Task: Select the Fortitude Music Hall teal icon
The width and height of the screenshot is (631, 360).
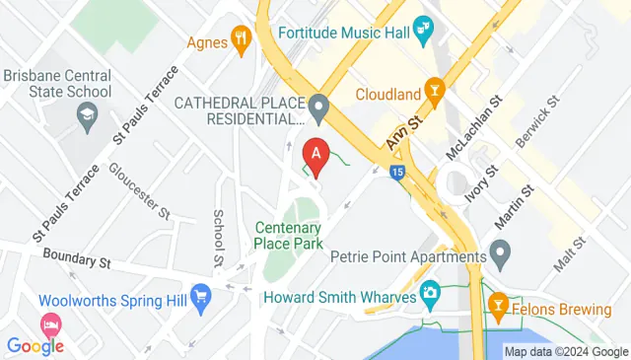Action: (425, 28)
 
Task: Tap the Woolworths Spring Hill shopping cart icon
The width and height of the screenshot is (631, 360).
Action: (201, 295)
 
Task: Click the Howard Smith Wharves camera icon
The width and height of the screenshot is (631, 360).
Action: (430, 293)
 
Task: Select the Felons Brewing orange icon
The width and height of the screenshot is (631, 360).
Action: (497, 307)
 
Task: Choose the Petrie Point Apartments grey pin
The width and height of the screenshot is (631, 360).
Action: (500, 258)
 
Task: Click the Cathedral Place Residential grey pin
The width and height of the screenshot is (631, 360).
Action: (317, 105)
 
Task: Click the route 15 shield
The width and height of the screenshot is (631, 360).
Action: (396, 172)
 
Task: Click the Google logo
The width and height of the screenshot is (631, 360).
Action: (35, 345)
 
